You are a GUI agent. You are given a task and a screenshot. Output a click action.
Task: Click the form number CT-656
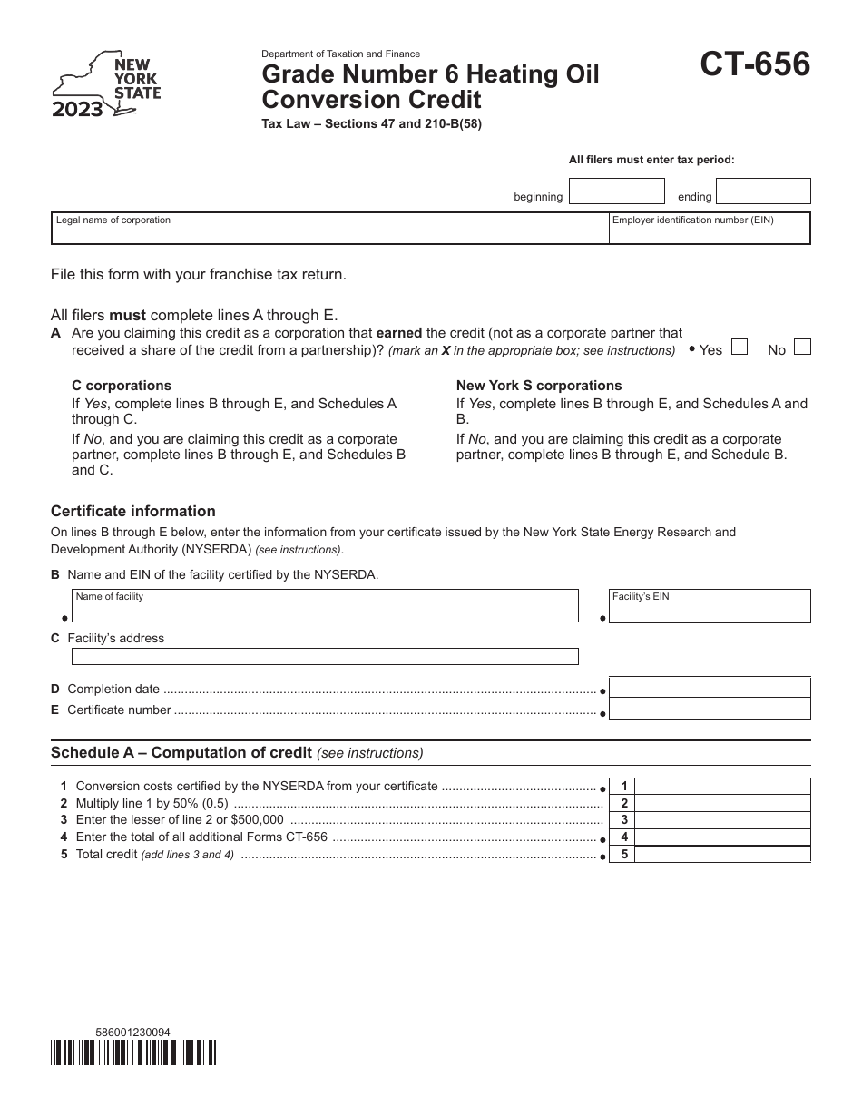tap(754, 65)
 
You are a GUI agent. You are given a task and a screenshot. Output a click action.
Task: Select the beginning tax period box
tap(616, 191)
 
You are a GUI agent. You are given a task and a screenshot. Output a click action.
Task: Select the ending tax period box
tap(763, 191)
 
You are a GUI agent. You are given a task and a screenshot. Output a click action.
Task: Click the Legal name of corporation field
tap(329, 230)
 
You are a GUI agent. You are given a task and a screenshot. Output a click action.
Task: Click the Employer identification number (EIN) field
tap(709, 230)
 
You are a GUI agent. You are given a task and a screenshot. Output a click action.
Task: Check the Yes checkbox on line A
tap(740, 347)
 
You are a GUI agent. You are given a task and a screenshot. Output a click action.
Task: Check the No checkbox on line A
tap(802, 347)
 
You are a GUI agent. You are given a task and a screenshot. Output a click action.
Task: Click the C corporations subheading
tap(122, 386)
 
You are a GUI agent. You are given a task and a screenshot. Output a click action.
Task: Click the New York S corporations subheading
tap(539, 386)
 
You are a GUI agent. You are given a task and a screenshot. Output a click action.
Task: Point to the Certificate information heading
tap(133, 511)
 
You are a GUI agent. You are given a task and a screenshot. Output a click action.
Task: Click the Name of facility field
tap(325, 606)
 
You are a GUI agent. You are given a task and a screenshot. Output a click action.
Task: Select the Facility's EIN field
tap(709, 606)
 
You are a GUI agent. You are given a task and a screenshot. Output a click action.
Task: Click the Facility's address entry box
tap(325, 656)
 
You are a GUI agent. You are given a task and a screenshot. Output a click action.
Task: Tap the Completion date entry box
tap(709, 688)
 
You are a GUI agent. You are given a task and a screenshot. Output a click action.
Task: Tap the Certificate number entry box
tap(709, 709)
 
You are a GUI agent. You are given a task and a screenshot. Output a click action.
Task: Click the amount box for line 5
tap(724, 855)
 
